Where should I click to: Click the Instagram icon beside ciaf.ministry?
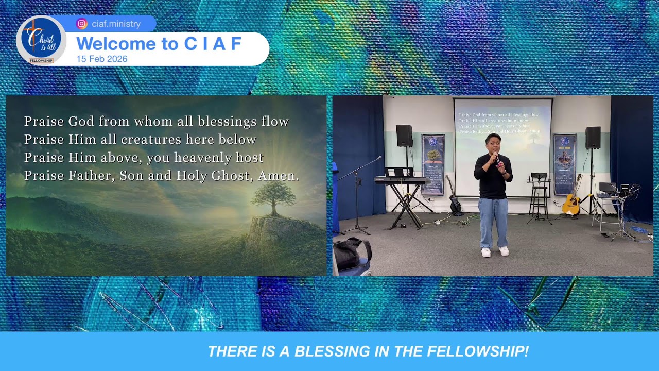click(x=81, y=24)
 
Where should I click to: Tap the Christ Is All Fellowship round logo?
click(x=41, y=40)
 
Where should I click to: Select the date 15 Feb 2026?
click(x=102, y=59)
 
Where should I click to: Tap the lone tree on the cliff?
click(x=271, y=199)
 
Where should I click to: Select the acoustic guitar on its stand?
click(x=571, y=200)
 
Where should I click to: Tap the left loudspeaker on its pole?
click(x=404, y=136)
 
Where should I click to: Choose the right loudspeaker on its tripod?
click(x=593, y=138)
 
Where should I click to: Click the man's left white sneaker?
click(x=504, y=251)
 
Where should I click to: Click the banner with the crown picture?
click(x=564, y=164)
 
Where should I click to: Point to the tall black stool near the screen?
click(x=539, y=196)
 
